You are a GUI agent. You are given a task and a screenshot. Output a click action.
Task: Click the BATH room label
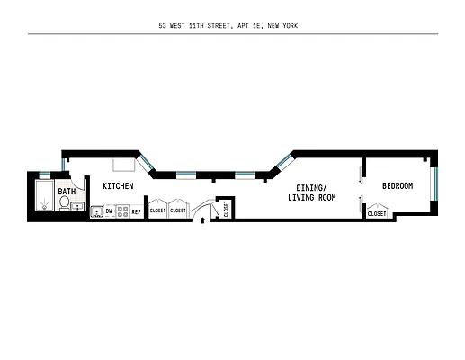coord(67,192)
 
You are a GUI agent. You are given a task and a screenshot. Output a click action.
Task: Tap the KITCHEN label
coord(118,186)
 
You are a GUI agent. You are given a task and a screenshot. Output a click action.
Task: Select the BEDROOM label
coord(398,185)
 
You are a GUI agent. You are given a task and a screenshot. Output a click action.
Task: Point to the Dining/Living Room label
coord(311,192)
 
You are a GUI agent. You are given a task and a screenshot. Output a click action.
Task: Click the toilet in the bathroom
coord(65,204)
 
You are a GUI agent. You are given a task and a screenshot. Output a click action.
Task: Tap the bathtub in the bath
coord(42,195)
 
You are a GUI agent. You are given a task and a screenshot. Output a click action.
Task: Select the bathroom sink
coord(78,207)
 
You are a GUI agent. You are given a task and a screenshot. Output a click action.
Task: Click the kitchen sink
coord(96,212)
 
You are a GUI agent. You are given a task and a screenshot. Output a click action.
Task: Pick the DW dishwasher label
coord(109,212)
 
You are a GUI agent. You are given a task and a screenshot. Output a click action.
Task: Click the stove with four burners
coord(122,212)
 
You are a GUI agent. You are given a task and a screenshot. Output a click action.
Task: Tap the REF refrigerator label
coord(137,212)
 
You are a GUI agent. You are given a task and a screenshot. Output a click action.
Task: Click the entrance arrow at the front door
coord(202,218)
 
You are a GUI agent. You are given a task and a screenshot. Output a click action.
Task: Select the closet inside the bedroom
coord(377,212)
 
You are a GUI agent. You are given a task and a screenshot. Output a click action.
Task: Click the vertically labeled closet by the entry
coord(226,209)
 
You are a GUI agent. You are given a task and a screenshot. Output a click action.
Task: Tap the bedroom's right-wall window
coord(435,184)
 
